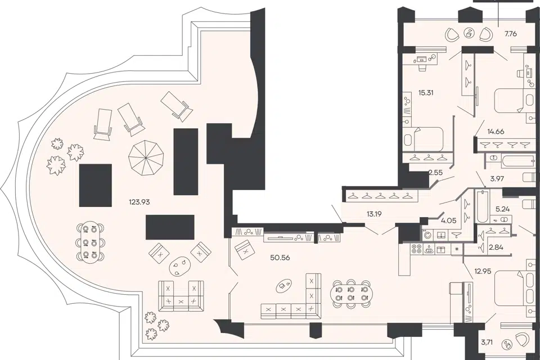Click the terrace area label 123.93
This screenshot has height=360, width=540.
click(x=139, y=202)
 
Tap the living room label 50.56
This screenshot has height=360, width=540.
click(x=280, y=257)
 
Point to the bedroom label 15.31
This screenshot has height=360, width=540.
click(x=426, y=92)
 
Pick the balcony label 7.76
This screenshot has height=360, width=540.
click(x=511, y=34)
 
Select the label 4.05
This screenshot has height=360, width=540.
click(x=449, y=220)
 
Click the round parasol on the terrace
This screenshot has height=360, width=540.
click(x=146, y=157)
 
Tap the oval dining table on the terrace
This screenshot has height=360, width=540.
click(x=91, y=241)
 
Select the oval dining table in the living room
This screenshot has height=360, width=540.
click(x=350, y=293)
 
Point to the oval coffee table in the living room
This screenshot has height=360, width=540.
click(x=285, y=285)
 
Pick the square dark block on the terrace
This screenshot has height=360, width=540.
click(x=96, y=185)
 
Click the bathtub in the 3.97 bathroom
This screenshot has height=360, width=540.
click(x=510, y=161)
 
